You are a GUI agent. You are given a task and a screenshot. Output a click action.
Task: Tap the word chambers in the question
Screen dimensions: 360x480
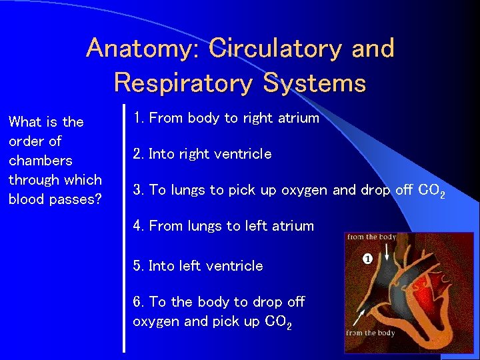point(41,161)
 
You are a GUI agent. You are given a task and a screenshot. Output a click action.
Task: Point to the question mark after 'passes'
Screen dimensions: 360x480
point(98,199)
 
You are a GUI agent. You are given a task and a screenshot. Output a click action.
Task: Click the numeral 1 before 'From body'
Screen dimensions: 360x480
point(137,118)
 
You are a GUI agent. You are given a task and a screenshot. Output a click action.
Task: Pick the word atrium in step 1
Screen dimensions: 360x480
point(299,118)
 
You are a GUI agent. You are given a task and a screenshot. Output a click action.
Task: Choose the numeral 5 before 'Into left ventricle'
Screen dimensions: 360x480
point(137,265)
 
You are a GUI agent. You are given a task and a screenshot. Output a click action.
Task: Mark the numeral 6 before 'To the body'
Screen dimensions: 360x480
point(137,302)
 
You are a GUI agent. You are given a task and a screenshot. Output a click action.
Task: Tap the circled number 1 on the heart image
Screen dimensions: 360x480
point(367,259)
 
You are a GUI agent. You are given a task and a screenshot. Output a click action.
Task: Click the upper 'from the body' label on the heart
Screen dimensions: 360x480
point(371,237)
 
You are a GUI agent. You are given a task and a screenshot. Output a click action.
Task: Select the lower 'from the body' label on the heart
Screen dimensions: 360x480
point(371,333)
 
